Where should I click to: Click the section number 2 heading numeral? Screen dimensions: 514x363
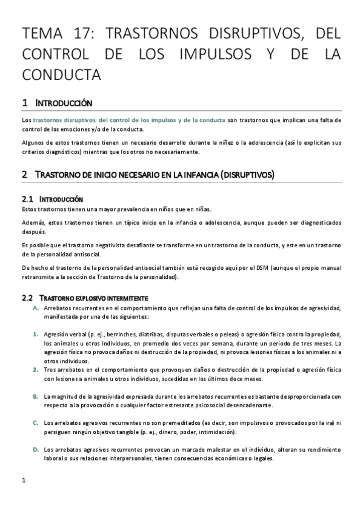24,175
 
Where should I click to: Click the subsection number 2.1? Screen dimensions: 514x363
26,199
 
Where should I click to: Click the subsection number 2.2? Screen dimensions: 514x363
26,298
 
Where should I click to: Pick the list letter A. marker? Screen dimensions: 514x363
36,308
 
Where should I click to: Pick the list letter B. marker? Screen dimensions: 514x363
36,396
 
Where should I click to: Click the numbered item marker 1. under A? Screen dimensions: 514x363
36,334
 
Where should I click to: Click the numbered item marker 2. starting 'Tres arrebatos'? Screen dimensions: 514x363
36,369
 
